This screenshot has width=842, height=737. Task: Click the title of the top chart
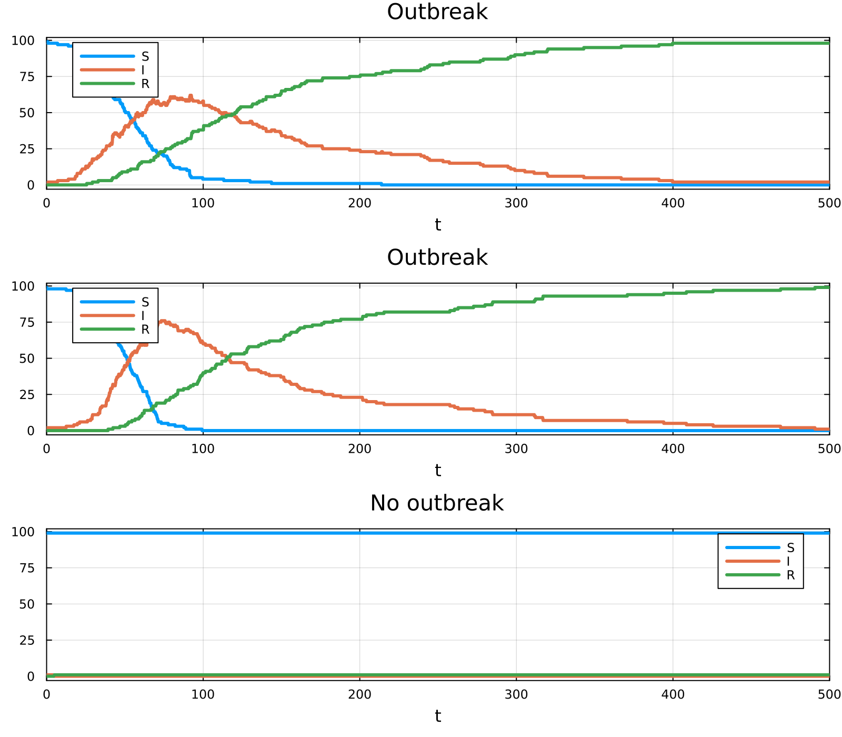tap(437, 12)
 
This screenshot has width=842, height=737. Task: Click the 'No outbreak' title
tap(437, 503)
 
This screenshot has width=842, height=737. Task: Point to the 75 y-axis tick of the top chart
tap(26, 77)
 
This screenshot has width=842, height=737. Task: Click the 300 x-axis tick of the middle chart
tap(516, 449)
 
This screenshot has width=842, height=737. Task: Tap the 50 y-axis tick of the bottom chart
tap(26, 604)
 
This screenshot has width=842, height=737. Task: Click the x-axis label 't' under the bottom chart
tap(438, 716)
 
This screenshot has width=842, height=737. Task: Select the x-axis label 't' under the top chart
tap(438, 225)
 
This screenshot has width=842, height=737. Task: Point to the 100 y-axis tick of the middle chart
tap(23, 286)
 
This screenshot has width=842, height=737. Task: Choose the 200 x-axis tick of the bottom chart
tap(360, 694)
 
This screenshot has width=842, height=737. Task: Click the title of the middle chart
tap(437, 258)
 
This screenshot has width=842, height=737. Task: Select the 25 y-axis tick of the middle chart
tap(26, 395)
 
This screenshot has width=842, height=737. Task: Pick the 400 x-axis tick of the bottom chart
tap(673, 694)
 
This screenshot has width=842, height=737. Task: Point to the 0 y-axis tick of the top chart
tap(31, 185)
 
